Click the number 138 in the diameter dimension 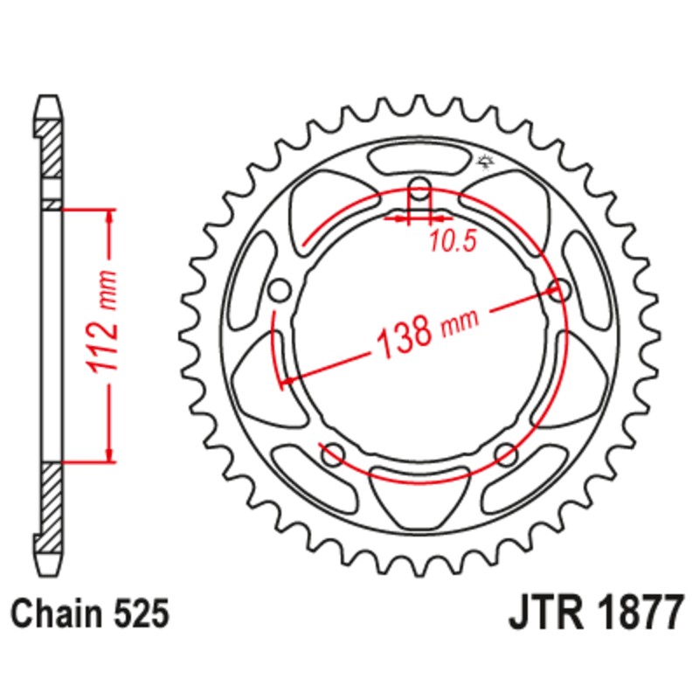click(405, 335)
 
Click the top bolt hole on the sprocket click(420, 190)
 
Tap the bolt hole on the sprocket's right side click(559, 289)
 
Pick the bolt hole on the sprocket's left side click(280, 289)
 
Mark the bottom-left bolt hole click(332, 453)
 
